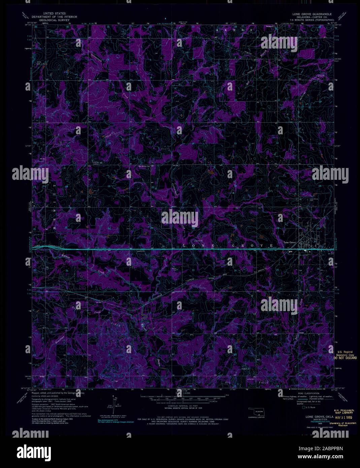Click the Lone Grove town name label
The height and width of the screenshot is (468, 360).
click(x=289, y=242)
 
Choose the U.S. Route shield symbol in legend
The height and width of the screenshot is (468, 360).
click(x=305, y=407)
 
